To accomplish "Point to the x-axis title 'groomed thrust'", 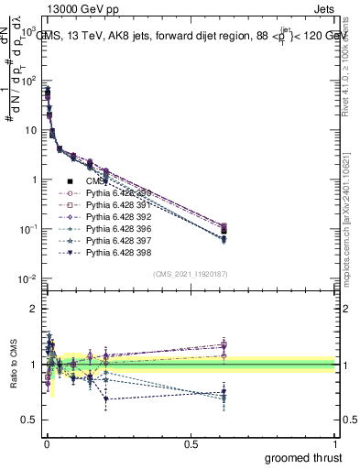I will [304, 457].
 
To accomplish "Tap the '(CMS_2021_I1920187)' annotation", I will [190, 274].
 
